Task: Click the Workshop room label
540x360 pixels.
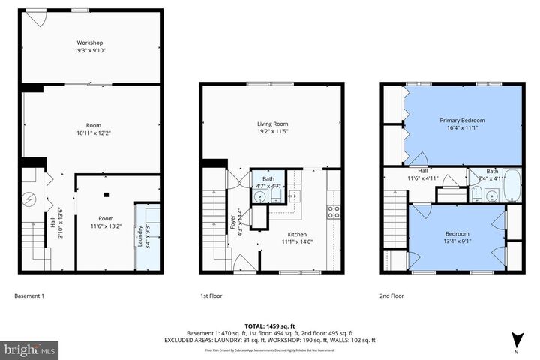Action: pos(88,42)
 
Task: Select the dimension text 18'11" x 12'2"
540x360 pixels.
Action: pos(93,133)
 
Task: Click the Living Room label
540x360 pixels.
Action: pos(271,124)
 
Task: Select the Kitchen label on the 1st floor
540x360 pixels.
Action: pos(294,235)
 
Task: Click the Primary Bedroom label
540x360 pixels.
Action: pos(463,120)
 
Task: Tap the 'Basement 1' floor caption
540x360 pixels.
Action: pos(30,295)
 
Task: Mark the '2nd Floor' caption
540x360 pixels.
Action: pos(391,295)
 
